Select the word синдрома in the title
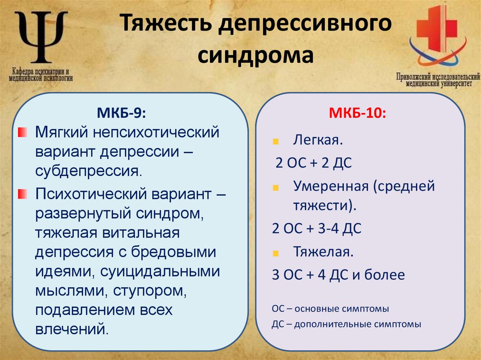point(255,55)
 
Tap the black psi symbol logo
point(41,37)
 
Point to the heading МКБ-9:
point(119,114)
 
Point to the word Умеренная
point(331,186)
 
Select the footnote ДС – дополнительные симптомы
point(346,324)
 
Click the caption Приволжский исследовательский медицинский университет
point(437,80)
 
